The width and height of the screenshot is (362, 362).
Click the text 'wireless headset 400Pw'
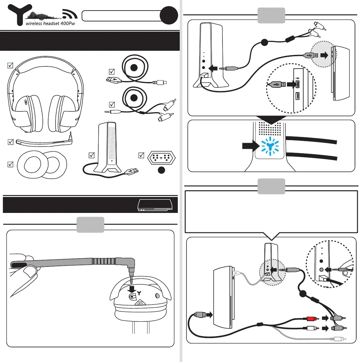(50, 24)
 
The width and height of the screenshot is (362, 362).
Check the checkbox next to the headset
(10, 65)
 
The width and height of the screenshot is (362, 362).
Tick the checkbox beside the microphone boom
(10, 142)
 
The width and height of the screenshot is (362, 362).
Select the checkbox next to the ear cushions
(10, 164)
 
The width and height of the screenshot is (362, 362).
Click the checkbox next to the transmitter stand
(92, 155)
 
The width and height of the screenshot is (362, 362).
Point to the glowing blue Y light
(270, 147)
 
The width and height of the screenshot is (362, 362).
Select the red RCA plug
(311, 319)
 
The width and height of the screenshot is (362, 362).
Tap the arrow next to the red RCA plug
(325, 318)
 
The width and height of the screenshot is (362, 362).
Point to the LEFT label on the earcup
(140, 303)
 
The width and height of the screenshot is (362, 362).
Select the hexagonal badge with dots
(161, 158)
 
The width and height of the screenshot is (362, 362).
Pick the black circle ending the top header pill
(169, 15)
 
